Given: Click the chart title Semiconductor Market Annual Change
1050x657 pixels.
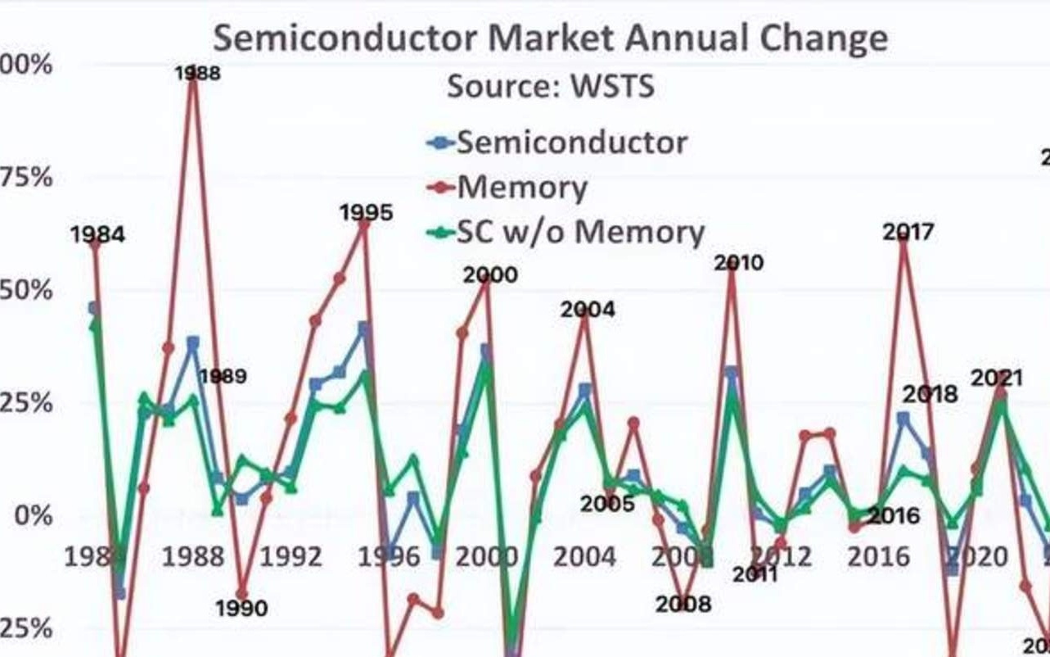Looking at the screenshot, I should click(x=550, y=39).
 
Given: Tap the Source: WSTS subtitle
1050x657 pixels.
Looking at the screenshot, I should click(x=550, y=86).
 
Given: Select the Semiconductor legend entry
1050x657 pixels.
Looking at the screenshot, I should click(x=571, y=143).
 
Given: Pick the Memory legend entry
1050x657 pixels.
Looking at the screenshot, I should click(x=521, y=188).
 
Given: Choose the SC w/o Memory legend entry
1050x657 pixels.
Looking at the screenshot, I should click(x=579, y=233).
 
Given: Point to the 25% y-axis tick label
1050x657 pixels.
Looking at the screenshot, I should click(x=28, y=403).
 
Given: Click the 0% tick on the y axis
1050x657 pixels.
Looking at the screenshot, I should click(x=34, y=516).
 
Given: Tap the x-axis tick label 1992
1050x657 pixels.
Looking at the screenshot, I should click(x=291, y=558).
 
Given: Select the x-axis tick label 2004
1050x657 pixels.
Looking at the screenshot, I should click(x=584, y=558).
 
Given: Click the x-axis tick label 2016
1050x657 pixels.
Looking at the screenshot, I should click(x=878, y=558).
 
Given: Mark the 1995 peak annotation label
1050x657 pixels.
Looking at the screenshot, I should click(x=367, y=213).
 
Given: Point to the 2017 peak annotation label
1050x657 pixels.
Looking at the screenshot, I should click(x=908, y=233).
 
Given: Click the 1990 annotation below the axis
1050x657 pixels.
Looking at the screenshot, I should click(x=242, y=609).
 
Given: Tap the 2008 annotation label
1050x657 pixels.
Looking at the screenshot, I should click(x=683, y=605).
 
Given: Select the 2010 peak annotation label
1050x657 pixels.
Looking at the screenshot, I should click(x=738, y=263).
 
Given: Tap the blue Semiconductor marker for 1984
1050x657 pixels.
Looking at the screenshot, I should click(x=94, y=308).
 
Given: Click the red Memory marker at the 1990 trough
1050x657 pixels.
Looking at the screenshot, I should click(x=241, y=594).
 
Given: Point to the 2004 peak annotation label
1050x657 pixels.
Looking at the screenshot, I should click(x=588, y=310).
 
